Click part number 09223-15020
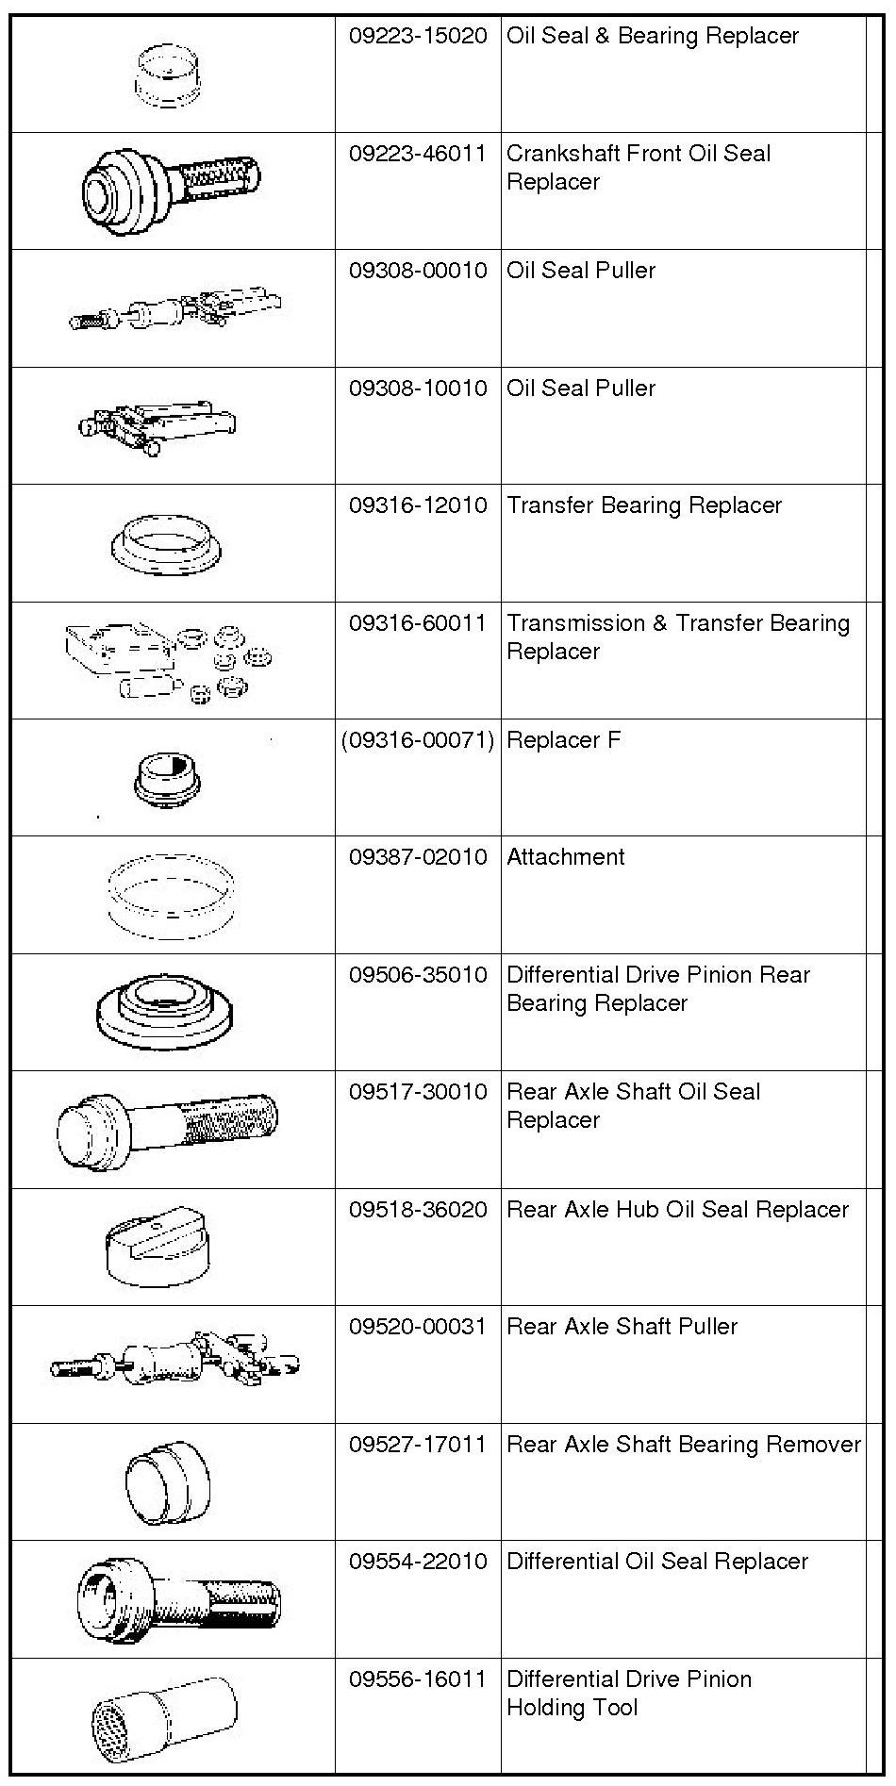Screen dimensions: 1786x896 click(418, 37)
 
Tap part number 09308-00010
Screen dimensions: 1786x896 click(418, 272)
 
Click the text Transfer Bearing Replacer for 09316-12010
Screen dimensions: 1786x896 click(644, 506)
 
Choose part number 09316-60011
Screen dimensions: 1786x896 click(418, 623)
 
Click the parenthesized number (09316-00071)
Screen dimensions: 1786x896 click(418, 741)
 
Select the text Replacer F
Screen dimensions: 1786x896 click(564, 741)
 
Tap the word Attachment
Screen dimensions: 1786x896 click(566, 858)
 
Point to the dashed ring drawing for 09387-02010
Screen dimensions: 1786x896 click(171, 893)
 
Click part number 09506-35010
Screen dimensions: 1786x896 click(418, 975)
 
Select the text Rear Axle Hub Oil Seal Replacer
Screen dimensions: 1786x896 click(677, 1210)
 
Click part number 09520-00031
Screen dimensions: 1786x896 click(418, 1328)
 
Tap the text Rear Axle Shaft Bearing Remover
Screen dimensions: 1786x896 click(684, 1445)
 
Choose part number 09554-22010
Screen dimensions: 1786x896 click(418, 1563)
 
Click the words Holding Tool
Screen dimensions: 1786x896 click(572, 1708)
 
